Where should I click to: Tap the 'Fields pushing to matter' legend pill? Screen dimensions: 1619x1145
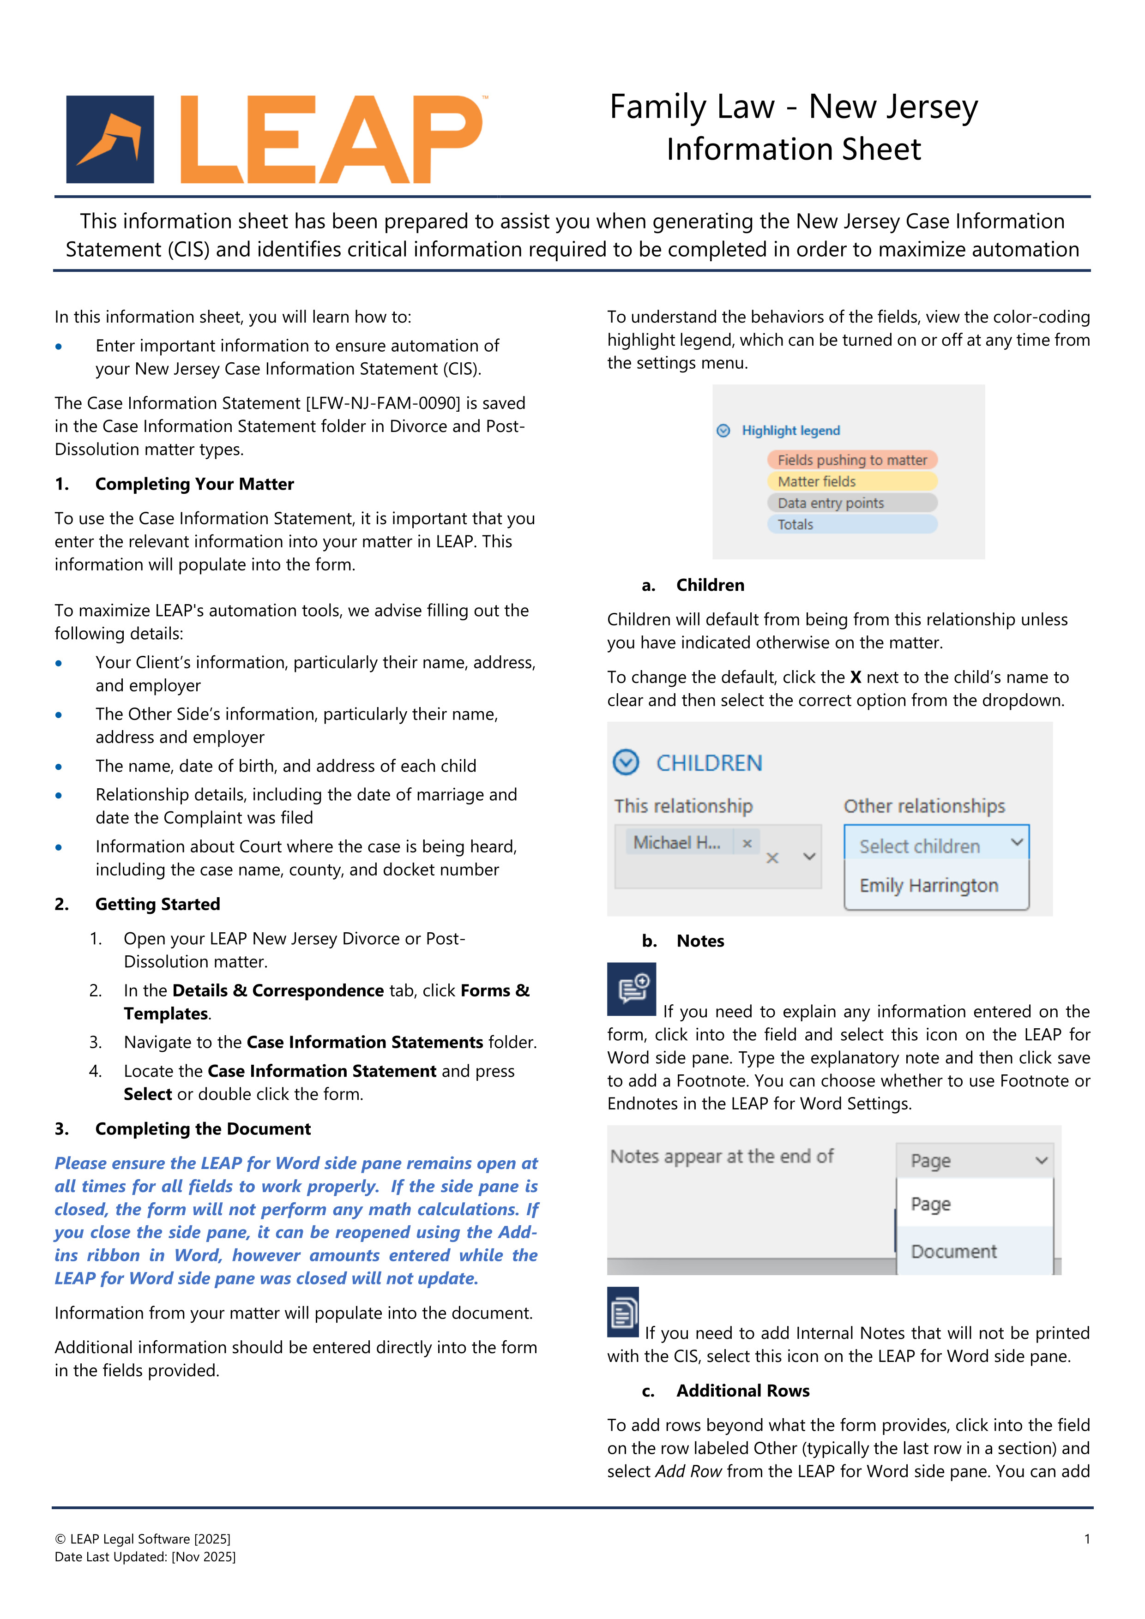click(851, 460)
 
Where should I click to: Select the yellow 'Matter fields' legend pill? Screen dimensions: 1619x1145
click(851, 482)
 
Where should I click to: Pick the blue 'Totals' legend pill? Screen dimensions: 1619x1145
click(851, 525)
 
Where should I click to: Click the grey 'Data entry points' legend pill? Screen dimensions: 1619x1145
click(851, 503)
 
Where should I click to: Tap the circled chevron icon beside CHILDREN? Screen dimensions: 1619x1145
click(626, 762)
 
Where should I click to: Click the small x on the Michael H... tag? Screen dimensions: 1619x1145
click(747, 843)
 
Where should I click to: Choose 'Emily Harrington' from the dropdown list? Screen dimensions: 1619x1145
click(928, 886)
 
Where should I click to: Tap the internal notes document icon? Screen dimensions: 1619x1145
click(623, 1312)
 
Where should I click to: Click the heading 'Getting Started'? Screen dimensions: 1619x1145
click(157, 904)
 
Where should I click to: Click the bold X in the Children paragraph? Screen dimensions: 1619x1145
click(855, 678)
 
